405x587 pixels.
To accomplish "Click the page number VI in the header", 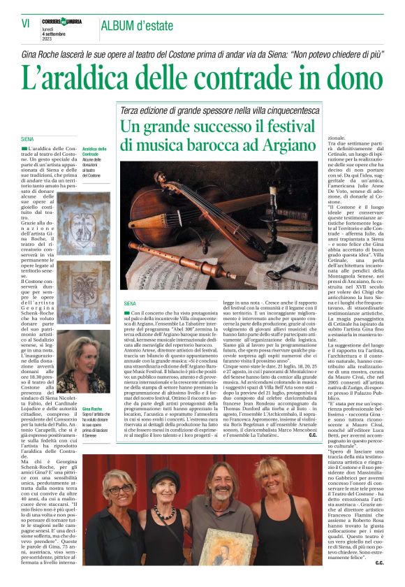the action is [25, 24].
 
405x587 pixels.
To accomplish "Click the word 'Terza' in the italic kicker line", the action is [131, 111].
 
